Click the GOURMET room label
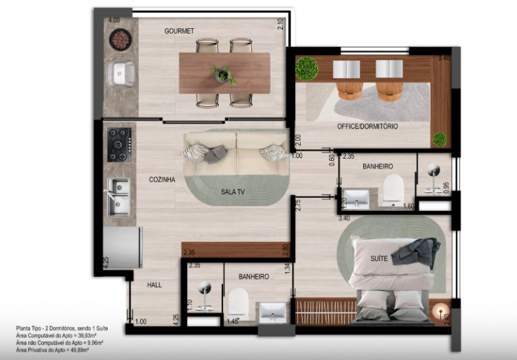[x=179, y=31]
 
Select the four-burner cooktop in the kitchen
[x=119, y=144]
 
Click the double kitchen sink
[x=119, y=196]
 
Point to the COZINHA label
[x=162, y=179]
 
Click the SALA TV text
[x=233, y=192]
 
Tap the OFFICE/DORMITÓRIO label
[x=367, y=126]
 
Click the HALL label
[x=154, y=284]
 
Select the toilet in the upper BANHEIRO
[x=393, y=188]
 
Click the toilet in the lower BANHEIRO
[x=237, y=302]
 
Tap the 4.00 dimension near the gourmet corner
[x=114, y=21]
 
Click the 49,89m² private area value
[x=84, y=349]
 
